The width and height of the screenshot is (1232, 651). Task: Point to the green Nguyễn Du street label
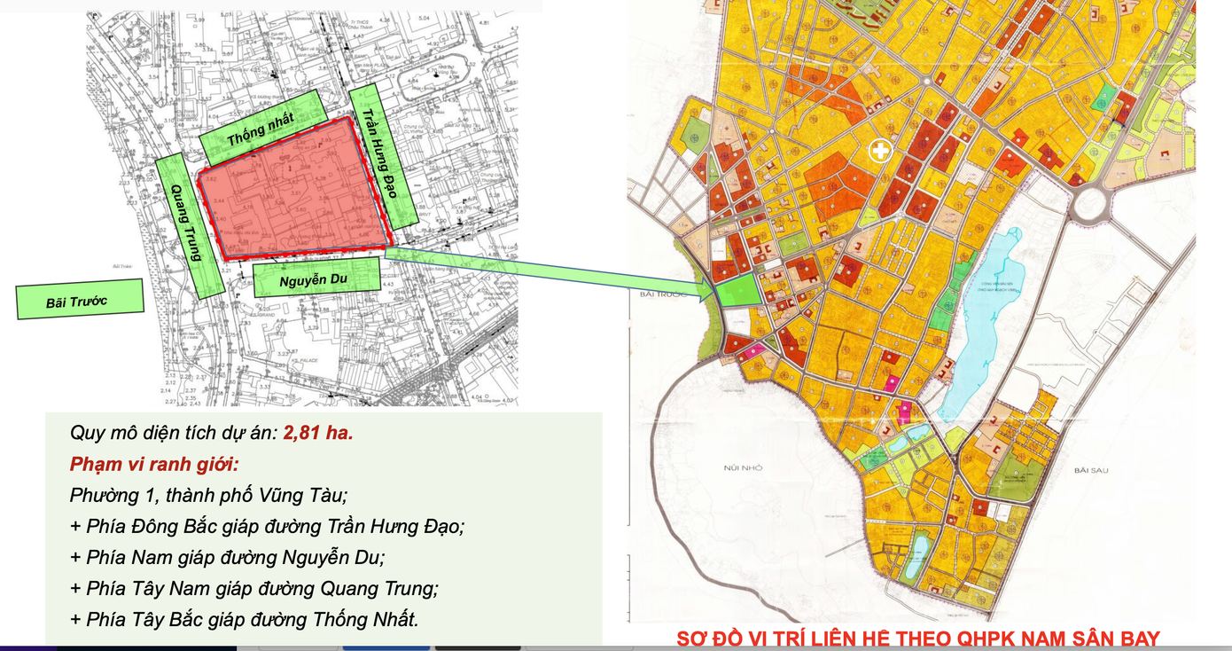pos(317,278)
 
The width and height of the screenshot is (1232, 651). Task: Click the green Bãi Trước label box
pos(80,300)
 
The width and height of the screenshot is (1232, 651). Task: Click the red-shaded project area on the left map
pos(292,195)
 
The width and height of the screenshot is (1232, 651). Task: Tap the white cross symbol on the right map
pos(880,151)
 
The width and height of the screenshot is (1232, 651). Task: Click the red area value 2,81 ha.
pos(318,434)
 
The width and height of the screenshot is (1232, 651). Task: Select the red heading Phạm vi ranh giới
pos(154,464)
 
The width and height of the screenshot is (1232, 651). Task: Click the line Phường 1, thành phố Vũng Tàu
pos(208,495)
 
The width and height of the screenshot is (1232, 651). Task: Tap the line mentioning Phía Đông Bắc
pos(267,526)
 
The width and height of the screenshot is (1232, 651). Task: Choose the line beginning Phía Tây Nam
pos(253,588)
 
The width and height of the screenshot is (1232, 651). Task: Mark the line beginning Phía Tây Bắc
pos(244,619)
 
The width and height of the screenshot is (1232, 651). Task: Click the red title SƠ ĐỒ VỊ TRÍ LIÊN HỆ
pos(917,639)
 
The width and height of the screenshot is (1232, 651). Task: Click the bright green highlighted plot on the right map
pos(737,291)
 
